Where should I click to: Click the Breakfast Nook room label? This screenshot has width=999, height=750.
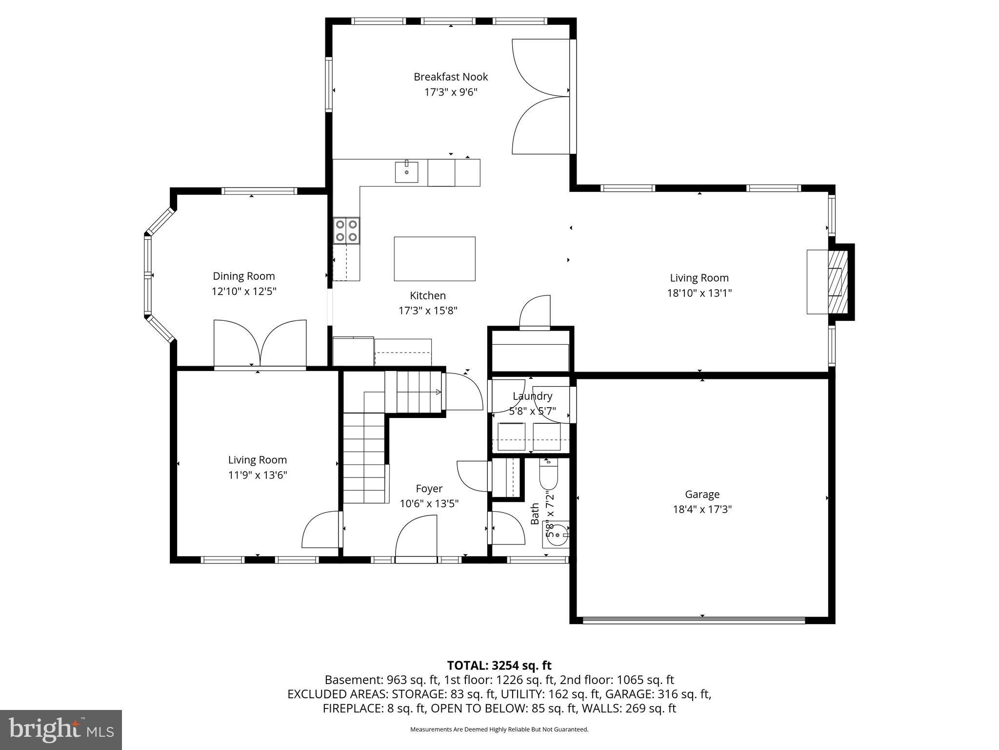click(x=450, y=77)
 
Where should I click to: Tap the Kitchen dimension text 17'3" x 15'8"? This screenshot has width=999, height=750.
click(x=428, y=311)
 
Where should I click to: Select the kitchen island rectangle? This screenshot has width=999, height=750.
click(x=434, y=259)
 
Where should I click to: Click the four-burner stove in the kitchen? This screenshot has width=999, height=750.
click(x=346, y=230)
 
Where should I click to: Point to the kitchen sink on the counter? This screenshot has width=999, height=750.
click(x=406, y=171)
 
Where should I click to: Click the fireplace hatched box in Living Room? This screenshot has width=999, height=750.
click(x=838, y=282)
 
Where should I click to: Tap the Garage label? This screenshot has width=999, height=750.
click(x=702, y=494)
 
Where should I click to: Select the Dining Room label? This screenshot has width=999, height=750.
click(x=243, y=276)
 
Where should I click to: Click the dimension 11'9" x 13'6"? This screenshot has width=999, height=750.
click(x=258, y=475)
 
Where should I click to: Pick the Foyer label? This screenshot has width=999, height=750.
click(x=429, y=488)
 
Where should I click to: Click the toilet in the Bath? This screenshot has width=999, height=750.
click(x=548, y=474)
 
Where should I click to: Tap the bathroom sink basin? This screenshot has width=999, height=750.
click(x=557, y=535)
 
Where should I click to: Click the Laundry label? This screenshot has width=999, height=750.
click(x=532, y=396)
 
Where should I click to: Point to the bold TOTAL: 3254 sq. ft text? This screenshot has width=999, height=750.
click(x=499, y=665)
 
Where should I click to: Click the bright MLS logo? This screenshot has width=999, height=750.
click(x=61, y=730)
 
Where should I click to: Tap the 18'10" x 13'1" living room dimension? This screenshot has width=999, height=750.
click(x=699, y=293)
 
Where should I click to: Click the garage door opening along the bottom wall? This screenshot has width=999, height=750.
click(x=693, y=620)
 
